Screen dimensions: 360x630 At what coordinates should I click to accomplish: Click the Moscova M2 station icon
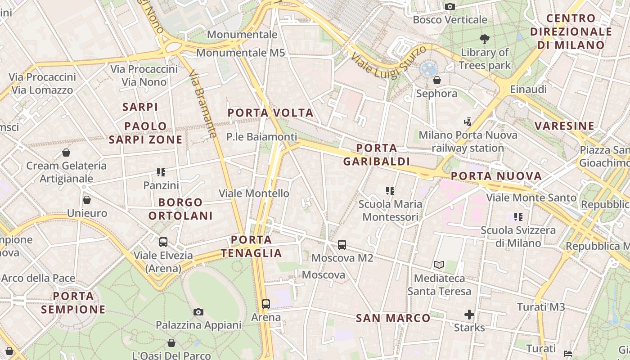(x=342, y=245)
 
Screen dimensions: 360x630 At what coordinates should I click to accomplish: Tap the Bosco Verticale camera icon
(x=450, y=6)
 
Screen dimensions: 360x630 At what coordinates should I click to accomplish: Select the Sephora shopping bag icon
(x=436, y=80)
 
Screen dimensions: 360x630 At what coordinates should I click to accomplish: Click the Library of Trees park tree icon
(x=485, y=39)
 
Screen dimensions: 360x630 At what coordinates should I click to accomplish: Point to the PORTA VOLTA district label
(x=270, y=112)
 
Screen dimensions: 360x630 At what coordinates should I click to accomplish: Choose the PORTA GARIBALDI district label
(x=376, y=155)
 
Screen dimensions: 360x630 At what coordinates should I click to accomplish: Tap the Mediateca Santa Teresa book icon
(x=439, y=265)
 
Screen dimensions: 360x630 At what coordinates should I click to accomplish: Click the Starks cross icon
(x=469, y=314)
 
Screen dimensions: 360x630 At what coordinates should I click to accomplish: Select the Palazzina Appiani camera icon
(x=198, y=312)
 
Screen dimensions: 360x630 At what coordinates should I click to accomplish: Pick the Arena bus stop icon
(x=266, y=304)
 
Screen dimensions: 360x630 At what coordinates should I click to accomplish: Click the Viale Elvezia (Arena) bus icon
(x=163, y=242)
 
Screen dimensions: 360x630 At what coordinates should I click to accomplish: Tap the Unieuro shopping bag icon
(x=87, y=199)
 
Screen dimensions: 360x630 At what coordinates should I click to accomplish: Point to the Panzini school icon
(x=161, y=172)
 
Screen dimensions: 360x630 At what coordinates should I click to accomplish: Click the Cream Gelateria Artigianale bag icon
(x=66, y=153)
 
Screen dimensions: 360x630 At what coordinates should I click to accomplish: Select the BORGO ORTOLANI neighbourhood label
(x=180, y=209)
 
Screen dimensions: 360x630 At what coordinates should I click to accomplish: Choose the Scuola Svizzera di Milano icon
(x=518, y=217)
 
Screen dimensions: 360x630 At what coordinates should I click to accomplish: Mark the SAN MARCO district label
(x=393, y=318)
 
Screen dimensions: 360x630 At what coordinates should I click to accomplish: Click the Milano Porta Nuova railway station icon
(x=468, y=121)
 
